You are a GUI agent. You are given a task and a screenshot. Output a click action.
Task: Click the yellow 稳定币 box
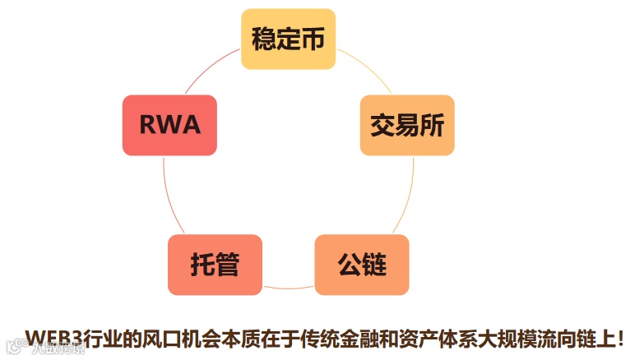click(288, 39)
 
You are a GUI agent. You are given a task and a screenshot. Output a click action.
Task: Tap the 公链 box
click(362, 265)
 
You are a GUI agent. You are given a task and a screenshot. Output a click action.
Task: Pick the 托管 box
click(215, 265)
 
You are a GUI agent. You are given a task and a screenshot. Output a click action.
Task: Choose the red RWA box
click(169, 125)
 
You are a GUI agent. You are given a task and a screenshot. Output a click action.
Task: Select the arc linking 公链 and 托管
click(288, 288)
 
